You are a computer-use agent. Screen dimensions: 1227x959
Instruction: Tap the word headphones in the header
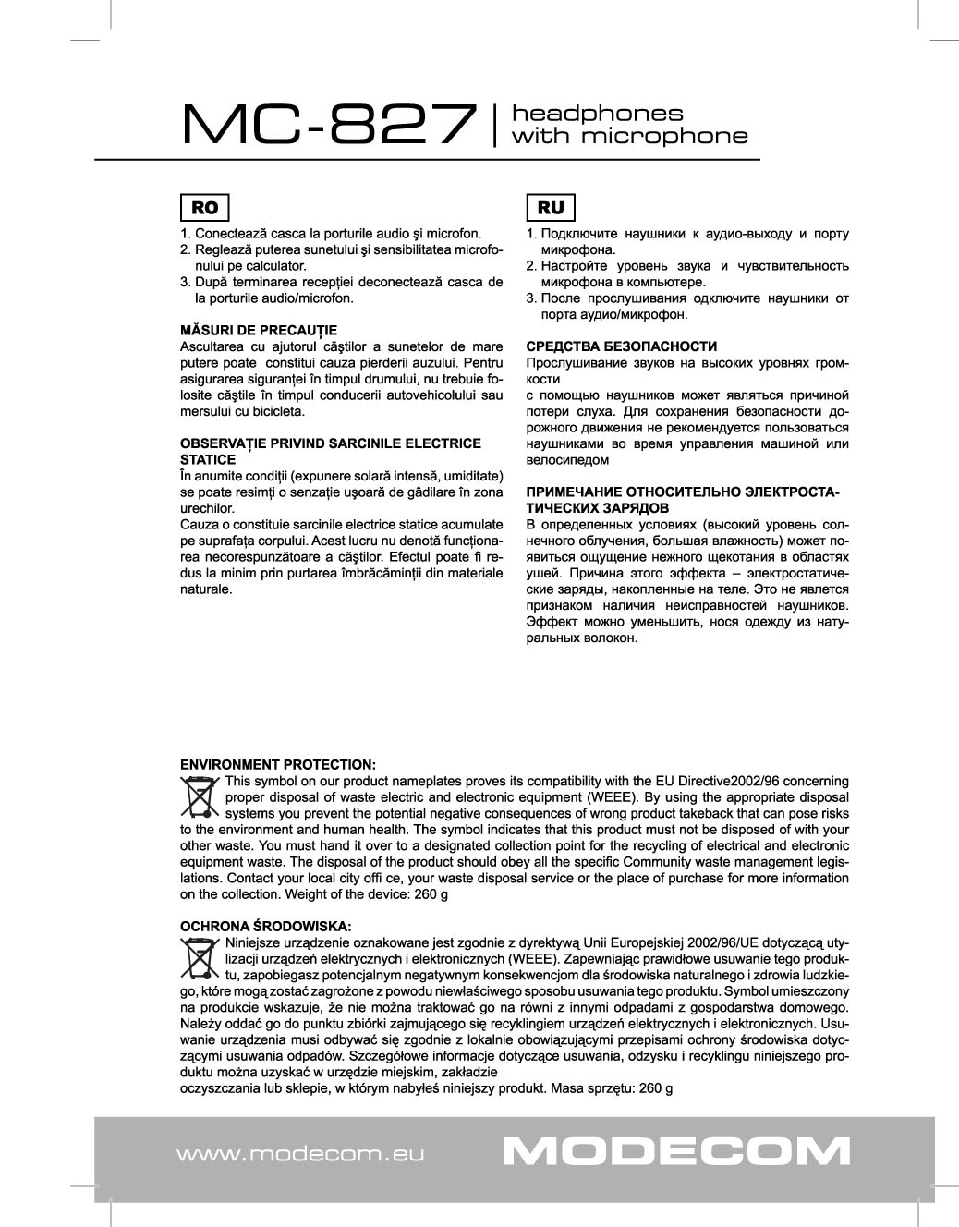pyautogui.click(x=597, y=114)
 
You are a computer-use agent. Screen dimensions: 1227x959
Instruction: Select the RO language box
pyautogui.click(x=204, y=208)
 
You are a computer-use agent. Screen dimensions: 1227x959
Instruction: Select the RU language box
pyautogui.click(x=550, y=208)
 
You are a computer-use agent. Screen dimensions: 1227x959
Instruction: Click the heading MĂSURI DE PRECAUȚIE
pyautogui.click(x=258, y=330)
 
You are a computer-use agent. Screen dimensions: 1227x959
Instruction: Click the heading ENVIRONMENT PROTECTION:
pyautogui.click(x=277, y=765)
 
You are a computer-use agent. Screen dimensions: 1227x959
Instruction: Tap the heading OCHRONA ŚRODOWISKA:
pyautogui.click(x=265, y=926)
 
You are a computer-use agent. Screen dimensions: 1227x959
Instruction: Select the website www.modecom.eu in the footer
pyautogui.click(x=299, y=1154)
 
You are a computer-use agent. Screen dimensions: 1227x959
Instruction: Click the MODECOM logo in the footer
pyautogui.click(x=676, y=1152)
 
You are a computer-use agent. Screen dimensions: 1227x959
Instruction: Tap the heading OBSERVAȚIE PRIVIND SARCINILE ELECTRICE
pyautogui.click(x=330, y=443)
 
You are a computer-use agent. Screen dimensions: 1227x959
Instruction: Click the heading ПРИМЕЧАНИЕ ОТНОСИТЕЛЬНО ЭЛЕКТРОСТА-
pyautogui.click(x=683, y=492)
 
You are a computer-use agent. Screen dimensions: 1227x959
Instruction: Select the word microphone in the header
pyautogui.click(x=629, y=137)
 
